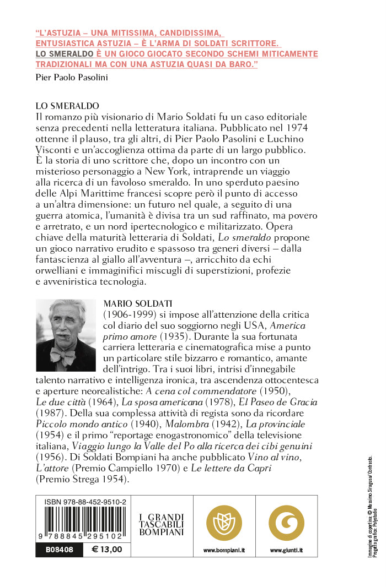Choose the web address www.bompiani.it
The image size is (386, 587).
[x=223, y=550]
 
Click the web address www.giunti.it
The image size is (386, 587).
[x=287, y=550]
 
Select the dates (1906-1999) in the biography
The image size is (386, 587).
[x=127, y=314]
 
